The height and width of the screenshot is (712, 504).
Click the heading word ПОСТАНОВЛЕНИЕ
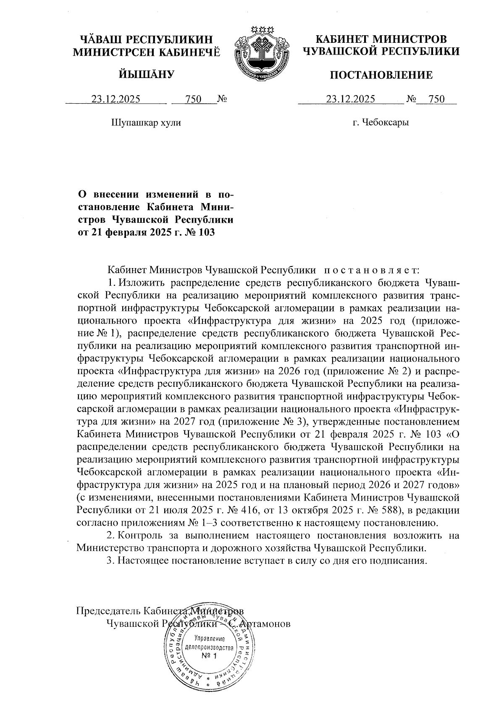381,75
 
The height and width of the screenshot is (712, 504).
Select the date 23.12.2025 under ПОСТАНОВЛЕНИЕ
351,99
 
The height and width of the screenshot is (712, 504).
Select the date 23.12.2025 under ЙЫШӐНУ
116,99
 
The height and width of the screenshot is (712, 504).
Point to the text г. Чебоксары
381,123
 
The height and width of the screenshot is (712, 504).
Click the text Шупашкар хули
146,123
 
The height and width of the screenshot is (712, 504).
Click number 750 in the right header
436,99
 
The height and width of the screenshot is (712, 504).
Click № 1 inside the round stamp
209,655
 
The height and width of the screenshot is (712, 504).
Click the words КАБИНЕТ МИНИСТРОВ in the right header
381,39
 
